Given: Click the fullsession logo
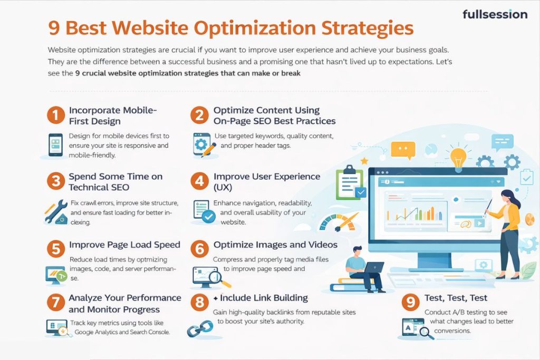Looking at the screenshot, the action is point(495,14).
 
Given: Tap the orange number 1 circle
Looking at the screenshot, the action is point(56,115).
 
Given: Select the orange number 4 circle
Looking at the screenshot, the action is point(199,181).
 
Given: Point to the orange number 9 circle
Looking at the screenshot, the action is point(410,302).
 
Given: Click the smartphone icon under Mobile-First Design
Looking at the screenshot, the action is point(56,145).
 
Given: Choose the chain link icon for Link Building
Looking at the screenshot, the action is point(200,328).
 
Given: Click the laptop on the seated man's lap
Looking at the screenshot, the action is point(373,267).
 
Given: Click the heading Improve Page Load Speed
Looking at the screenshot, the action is point(124,245).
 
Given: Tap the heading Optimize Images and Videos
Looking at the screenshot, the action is point(275,245).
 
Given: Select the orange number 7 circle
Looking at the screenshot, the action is point(56,302).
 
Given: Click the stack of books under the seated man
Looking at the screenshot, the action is point(351,285).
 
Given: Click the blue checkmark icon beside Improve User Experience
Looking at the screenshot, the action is point(209,217).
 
